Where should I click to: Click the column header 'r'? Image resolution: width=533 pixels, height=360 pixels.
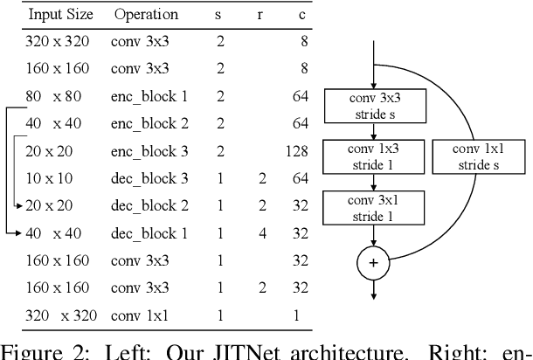(260, 15)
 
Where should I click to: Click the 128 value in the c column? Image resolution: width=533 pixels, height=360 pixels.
(296, 151)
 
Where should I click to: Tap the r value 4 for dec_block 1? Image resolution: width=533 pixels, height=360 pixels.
(260, 232)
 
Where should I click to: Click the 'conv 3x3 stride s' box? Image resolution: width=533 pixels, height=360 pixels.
(374, 104)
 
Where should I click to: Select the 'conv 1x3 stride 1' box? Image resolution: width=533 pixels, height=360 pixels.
(374, 156)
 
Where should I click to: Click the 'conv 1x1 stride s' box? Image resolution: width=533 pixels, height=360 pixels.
(472, 156)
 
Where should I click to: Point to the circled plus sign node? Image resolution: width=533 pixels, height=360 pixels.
(374, 262)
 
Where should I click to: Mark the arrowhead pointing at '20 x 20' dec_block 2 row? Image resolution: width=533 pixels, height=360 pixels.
(20, 205)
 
